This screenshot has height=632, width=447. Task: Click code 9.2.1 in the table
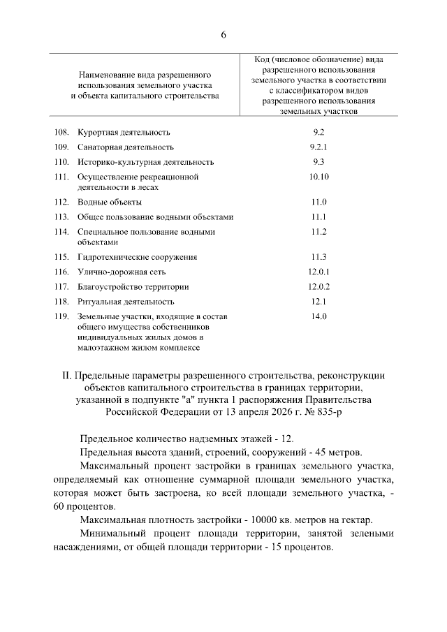(x=318, y=147)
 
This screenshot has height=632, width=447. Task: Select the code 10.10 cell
(x=318, y=177)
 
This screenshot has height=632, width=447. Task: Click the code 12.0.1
(x=318, y=272)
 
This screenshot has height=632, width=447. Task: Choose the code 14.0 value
(x=318, y=317)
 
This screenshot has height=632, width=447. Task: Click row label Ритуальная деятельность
(x=125, y=302)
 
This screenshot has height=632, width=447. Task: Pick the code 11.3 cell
(x=318, y=257)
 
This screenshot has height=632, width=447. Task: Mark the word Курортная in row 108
(x=98, y=133)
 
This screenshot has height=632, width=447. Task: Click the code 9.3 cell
(x=318, y=162)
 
